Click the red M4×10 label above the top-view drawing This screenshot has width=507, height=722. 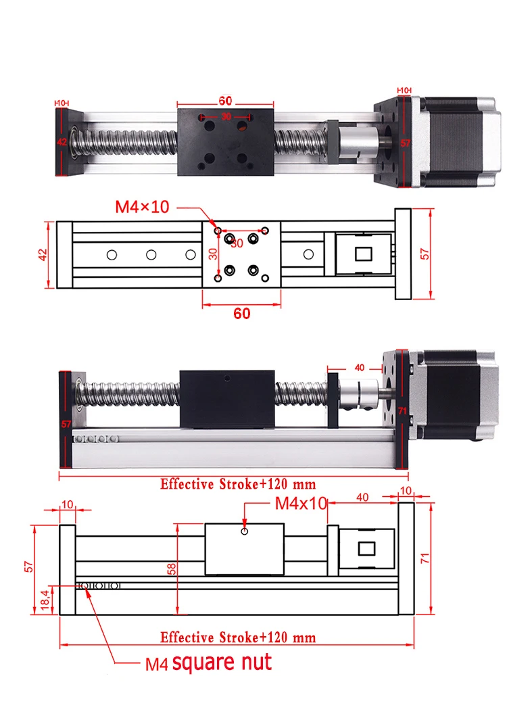tap(142, 207)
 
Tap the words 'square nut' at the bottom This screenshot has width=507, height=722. tap(222, 663)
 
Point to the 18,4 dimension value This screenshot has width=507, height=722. tap(45, 600)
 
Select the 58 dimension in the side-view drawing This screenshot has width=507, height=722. tap(172, 569)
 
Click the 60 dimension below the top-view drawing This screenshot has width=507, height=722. tap(242, 314)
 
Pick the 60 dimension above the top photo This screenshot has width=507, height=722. tap(225, 101)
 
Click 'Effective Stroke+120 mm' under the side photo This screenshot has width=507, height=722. tap(238, 484)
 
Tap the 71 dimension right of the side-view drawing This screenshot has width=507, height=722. tap(425, 558)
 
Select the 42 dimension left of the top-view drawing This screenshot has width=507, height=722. tap(43, 255)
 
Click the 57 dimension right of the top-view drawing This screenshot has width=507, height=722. tap(425, 254)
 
